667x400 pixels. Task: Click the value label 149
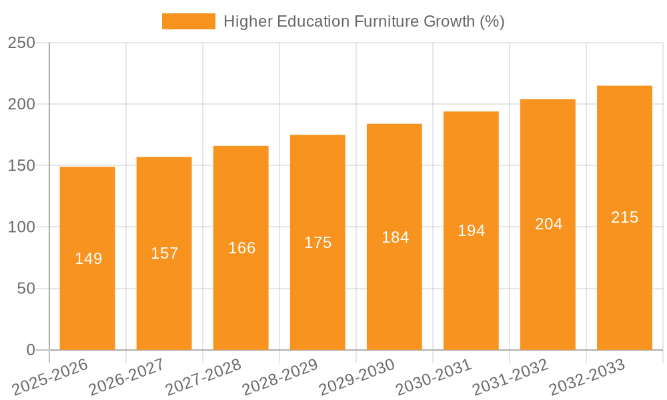[x=88, y=259]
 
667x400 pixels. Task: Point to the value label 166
[x=241, y=248]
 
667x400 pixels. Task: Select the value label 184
[x=395, y=237]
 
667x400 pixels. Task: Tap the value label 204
[x=548, y=224]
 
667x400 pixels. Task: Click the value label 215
[x=624, y=217]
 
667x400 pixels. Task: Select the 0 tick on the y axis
[x=31, y=350]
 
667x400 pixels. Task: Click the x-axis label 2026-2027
[x=126, y=377]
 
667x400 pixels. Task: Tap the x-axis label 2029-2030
[x=356, y=377]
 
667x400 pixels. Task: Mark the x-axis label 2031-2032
[x=510, y=377]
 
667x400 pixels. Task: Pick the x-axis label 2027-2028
[x=203, y=377]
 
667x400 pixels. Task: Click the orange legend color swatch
[x=189, y=21]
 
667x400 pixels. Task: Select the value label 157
[x=165, y=253]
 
